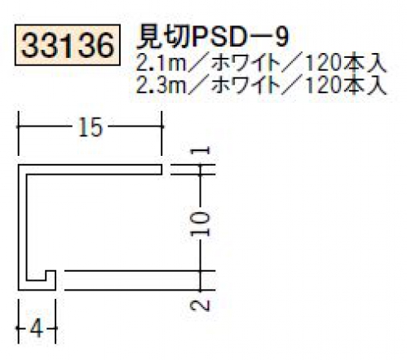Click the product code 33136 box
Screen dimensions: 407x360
68,45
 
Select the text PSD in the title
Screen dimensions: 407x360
219,38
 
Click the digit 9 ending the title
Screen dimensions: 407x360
282,38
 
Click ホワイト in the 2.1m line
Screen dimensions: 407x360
246,64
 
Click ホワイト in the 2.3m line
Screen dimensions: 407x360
246,85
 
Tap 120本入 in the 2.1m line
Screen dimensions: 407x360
345,64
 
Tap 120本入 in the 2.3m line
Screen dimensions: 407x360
345,85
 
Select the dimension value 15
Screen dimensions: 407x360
91,127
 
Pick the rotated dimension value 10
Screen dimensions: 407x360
201,224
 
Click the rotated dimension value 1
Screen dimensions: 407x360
201,150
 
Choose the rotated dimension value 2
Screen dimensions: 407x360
201,305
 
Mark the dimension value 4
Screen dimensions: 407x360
37,328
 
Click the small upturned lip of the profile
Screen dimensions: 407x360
51,275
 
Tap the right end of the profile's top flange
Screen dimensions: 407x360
162,169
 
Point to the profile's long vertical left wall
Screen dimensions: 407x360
22,227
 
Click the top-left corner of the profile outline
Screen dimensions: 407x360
18,165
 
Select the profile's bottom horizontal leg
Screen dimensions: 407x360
37,285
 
